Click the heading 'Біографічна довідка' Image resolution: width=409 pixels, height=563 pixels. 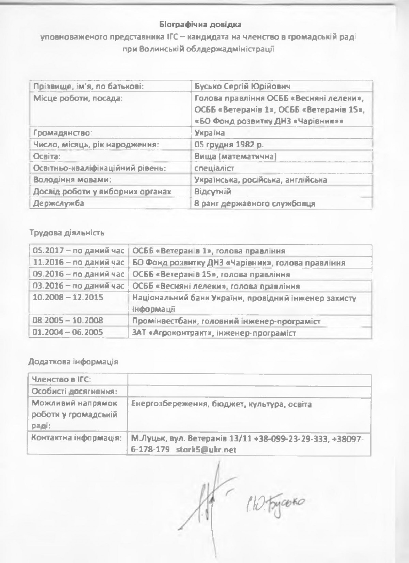[x=200, y=25]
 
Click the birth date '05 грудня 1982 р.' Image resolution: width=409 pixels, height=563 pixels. [x=229, y=144]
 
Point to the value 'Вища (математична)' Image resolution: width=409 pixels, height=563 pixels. [x=235, y=156]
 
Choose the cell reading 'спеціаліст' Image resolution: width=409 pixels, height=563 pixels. [x=214, y=168]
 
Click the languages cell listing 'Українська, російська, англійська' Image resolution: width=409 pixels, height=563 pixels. [x=260, y=180]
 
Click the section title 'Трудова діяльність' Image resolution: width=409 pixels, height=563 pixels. [x=66, y=233]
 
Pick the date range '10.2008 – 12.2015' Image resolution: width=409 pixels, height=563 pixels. [x=67, y=298]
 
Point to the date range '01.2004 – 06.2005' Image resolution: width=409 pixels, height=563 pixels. [x=67, y=333]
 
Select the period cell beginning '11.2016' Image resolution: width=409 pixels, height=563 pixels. [x=78, y=263]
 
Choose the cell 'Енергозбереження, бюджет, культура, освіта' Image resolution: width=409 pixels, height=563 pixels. [x=221, y=405]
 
